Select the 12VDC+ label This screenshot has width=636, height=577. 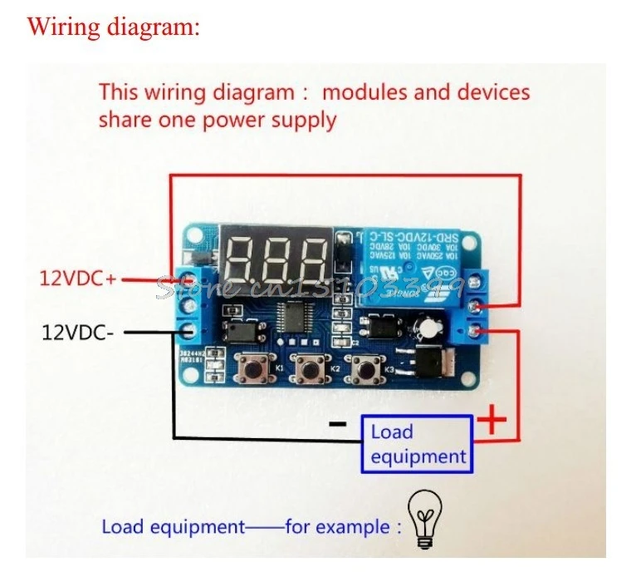(x=78, y=279)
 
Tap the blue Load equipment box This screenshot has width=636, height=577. (x=418, y=444)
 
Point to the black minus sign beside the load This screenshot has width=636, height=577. (x=337, y=423)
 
